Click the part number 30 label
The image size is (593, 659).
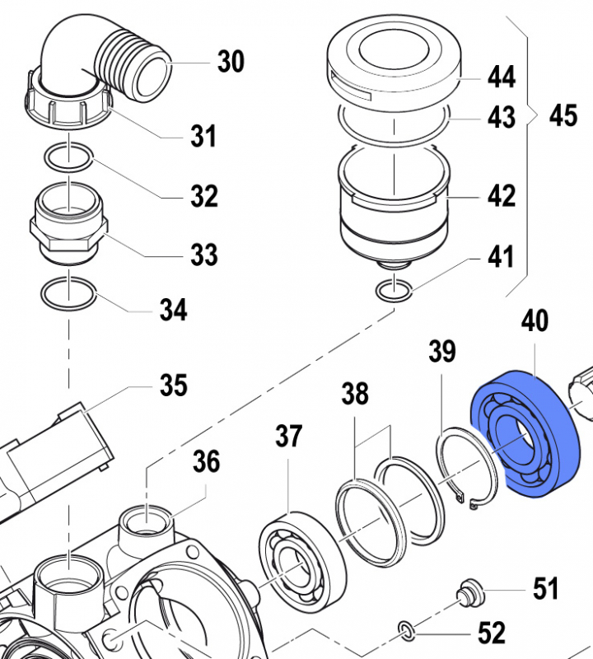pyautogui.click(x=231, y=61)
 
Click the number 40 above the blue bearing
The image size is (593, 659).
pyautogui.click(x=535, y=320)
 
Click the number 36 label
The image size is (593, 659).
pyautogui.click(x=206, y=462)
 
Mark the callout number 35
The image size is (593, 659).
pyautogui.click(x=173, y=385)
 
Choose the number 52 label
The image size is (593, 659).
pyautogui.click(x=492, y=633)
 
